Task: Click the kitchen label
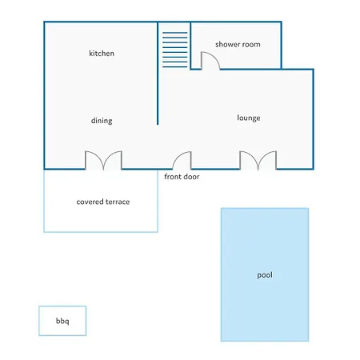point(102,54)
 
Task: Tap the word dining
point(102,121)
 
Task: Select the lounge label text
point(249,118)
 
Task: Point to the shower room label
point(238,44)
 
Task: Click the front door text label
point(182,177)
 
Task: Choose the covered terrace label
point(103,202)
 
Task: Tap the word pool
point(265,275)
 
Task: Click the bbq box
point(62,321)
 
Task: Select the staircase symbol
point(175,50)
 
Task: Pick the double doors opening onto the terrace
point(103,160)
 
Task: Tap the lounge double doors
point(258,160)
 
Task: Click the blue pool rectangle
point(265,274)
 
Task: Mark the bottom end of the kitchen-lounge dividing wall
point(158,124)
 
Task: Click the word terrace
point(118,202)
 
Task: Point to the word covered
point(90,202)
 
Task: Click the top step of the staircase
point(175,33)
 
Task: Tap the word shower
point(227,44)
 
